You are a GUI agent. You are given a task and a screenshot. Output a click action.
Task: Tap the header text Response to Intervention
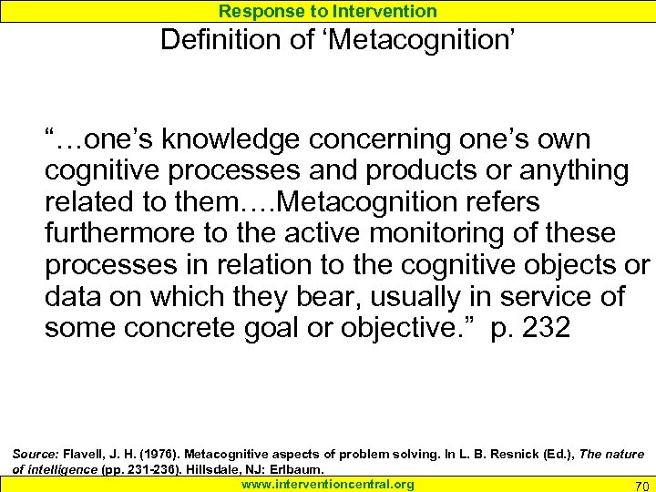point(328,11)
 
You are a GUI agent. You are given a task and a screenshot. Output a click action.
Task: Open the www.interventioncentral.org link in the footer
point(328,484)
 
